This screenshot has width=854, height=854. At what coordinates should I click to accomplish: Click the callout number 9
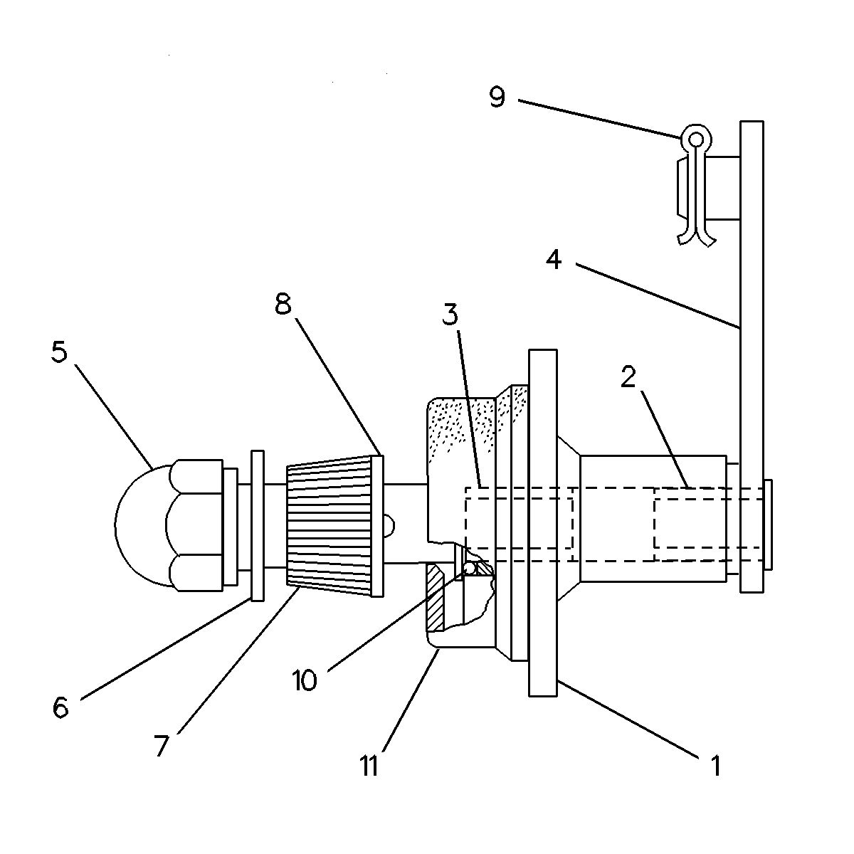(x=497, y=97)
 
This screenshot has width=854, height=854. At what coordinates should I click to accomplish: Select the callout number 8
(x=283, y=305)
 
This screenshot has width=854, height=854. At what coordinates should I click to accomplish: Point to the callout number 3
(x=450, y=314)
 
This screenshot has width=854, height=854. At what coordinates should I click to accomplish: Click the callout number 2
(x=627, y=377)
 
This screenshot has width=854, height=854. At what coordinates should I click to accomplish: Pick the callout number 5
(x=59, y=352)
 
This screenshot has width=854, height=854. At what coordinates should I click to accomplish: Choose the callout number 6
(x=60, y=707)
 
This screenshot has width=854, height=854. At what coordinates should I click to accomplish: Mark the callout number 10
(x=304, y=681)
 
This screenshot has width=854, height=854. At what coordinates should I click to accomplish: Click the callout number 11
(x=369, y=767)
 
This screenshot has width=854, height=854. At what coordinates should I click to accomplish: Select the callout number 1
(x=715, y=766)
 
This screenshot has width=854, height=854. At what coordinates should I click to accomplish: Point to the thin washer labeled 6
(x=257, y=525)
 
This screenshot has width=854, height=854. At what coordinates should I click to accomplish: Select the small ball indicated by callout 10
(x=470, y=569)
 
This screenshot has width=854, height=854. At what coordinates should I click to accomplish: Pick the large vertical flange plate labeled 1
(x=542, y=523)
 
